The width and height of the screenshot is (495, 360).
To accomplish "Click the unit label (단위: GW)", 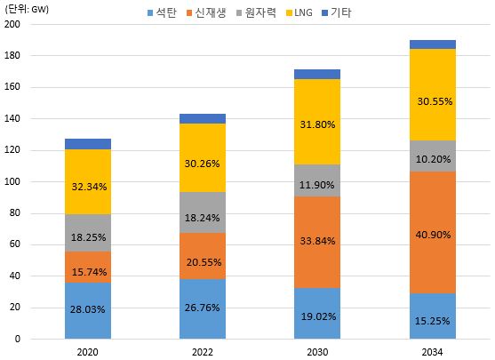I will pos(29,9).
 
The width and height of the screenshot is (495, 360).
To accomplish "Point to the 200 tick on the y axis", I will pos(12,24).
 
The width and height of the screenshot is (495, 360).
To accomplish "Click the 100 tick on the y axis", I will pos(12,181).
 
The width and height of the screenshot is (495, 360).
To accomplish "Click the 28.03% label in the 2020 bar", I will pos(88,310).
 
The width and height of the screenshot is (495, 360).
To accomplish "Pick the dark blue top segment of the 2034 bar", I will pos(433,44).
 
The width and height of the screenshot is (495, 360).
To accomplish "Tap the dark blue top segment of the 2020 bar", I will pos(88,144).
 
